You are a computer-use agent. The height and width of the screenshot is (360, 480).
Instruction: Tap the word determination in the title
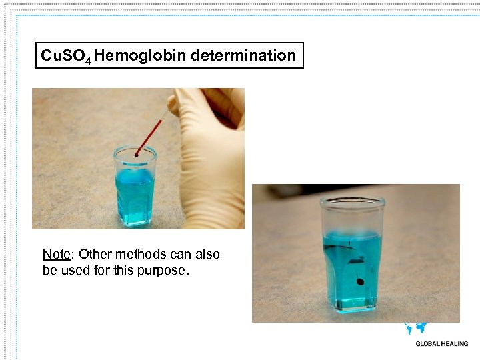[243, 55]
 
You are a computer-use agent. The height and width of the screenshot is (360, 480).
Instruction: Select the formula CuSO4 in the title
[65, 56]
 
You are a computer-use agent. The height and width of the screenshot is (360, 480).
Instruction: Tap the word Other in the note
[95, 254]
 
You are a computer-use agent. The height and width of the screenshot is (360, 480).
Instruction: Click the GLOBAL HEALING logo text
[442, 344]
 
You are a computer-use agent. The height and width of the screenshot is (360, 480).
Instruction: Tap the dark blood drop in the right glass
[361, 282]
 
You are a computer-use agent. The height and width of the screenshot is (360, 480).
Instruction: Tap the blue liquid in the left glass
[135, 193]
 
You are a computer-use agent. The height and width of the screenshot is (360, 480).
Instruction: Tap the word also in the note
[207, 254]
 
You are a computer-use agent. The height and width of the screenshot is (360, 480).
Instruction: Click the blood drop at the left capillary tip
[136, 155]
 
